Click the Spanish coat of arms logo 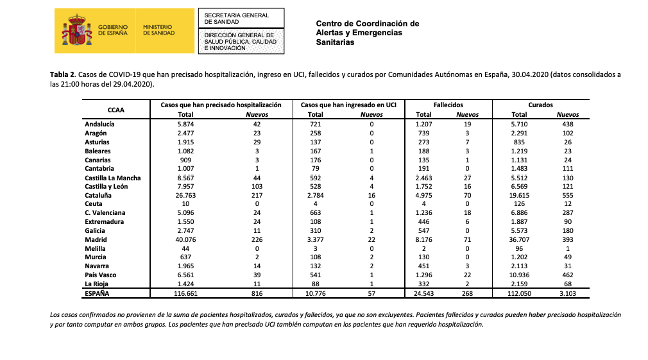coord(76,30)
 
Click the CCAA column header coord(116,110)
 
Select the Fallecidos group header coord(448,105)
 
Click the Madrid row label coord(96,239)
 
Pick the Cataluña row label coord(98,195)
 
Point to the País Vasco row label coord(100,275)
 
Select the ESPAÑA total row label coord(98,293)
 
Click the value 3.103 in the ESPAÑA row coord(568,293)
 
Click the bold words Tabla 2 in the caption coord(64,75)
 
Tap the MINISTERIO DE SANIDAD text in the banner coord(158,30)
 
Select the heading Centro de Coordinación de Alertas coord(367,28)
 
